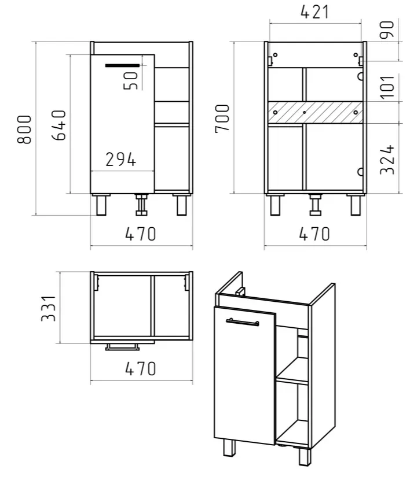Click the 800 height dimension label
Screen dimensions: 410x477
coord(24,130)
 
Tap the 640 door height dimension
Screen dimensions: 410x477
coord(58,125)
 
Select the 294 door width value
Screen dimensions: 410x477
coord(120,160)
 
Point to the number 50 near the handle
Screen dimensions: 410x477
coord(131,80)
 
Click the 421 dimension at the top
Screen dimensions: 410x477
coord(314,12)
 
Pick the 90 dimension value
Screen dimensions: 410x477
coord(387,29)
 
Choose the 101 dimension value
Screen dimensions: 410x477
coord(387,87)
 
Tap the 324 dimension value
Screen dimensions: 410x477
coord(387,160)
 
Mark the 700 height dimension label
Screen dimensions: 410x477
coord(222,119)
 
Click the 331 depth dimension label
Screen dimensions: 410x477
coord(49,308)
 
